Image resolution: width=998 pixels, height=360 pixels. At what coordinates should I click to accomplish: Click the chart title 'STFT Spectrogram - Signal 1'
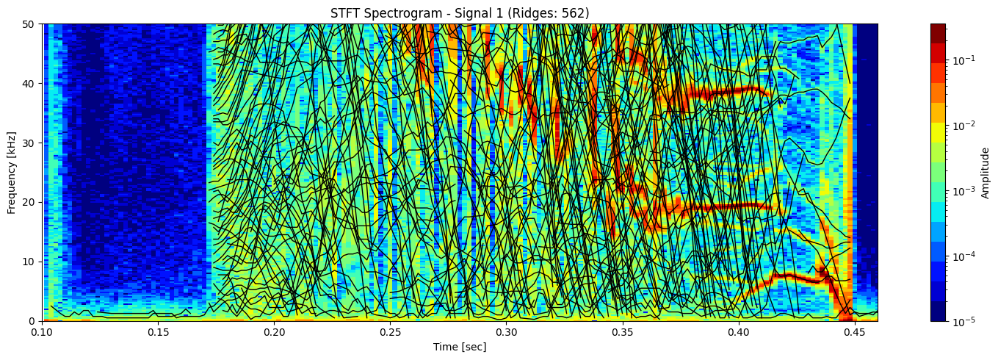point(460,12)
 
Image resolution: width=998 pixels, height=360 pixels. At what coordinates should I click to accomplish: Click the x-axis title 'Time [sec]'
point(460,347)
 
